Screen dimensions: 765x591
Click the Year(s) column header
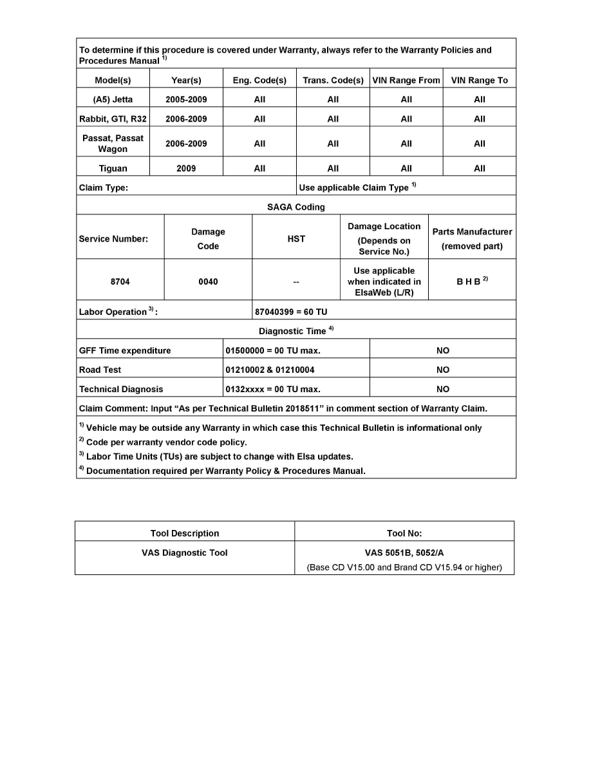[x=186, y=80]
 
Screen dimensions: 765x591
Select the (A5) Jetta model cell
[x=113, y=100]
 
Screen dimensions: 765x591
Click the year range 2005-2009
[x=186, y=100]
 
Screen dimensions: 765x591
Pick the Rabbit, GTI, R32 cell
[x=113, y=119]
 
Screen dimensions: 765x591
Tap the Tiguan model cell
[x=113, y=169]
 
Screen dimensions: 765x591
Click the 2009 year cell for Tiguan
[x=186, y=169]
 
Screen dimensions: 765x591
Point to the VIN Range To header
[x=479, y=80]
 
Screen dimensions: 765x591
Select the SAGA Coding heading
[x=295, y=207]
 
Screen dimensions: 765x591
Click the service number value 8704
[x=120, y=282]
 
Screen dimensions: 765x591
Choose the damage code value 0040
[x=208, y=282]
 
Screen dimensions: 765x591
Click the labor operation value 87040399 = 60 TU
[x=291, y=312]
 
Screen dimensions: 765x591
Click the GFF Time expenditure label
[x=125, y=351]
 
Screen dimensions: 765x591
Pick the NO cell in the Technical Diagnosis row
[x=442, y=390]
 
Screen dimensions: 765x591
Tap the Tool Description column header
[x=185, y=534]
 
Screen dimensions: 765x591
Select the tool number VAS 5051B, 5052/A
[x=404, y=552]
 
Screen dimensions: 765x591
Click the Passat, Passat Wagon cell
[x=113, y=144]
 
